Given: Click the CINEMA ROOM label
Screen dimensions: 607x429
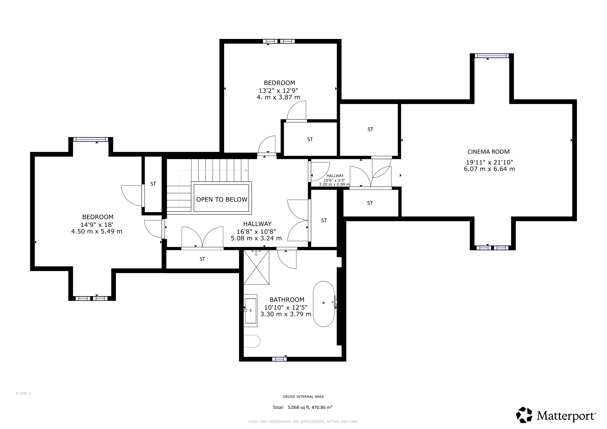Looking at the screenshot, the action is pyautogui.click(x=488, y=152).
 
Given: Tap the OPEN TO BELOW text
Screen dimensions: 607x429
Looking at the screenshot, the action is pyautogui.click(x=222, y=199).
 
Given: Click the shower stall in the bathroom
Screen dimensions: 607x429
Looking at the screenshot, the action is pyautogui.click(x=256, y=267).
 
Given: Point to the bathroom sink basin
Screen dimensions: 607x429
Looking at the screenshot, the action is pyautogui.click(x=250, y=311).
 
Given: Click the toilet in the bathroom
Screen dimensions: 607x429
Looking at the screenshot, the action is pyautogui.click(x=252, y=341).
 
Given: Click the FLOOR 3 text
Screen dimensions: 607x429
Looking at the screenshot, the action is pyautogui.click(x=23, y=393).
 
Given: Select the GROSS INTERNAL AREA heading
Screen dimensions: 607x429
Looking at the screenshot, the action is pyautogui.click(x=303, y=397).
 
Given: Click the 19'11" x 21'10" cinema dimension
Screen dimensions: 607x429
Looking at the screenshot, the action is pyautogui.click(x=489, y=162).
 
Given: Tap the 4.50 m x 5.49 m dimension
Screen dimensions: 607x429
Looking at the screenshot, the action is pyautogui.click(x=97, y=231).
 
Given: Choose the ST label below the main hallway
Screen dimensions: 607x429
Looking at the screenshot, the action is pyautogui.click(x=202, y=259).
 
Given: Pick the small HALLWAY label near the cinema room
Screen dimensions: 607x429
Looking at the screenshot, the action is pyautogui.click(x=335, y=176).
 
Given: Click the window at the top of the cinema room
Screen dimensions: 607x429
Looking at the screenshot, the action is pyautogui.click(x=492, y=56).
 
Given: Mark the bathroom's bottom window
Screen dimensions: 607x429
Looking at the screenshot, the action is pyautogui.click(x=279, y=359).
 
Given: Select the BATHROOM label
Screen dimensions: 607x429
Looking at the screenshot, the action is pyautogui.click(x=287, y=300).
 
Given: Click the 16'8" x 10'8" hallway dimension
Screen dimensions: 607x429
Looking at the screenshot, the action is pyautogui.click(x=256, y=232).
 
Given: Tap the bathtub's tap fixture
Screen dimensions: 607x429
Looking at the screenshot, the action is pyautogui.click(x=335, y=302).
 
